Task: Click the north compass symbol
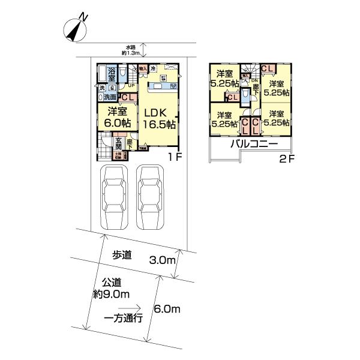[76, 28]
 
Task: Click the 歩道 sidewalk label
[122, 254]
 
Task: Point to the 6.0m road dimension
[167, 310]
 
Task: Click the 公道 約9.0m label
[112, 287]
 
